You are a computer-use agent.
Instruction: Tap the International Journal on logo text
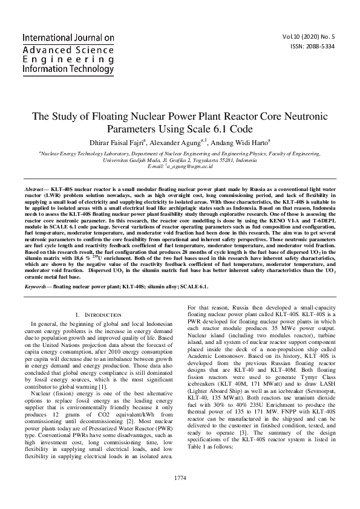click(68, 37)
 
